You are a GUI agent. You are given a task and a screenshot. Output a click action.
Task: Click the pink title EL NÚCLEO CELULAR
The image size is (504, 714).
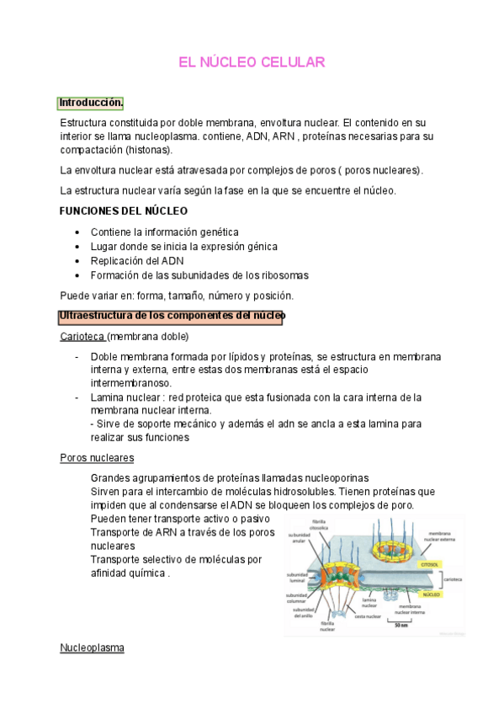252,63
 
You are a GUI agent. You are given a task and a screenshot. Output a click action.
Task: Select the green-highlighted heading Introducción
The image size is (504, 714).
91,104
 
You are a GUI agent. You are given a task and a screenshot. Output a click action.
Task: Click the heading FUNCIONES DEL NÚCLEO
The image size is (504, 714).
123,210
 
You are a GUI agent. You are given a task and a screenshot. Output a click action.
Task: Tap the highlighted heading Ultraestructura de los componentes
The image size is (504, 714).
171,317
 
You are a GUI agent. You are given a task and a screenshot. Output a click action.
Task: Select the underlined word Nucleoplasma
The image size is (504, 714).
93,648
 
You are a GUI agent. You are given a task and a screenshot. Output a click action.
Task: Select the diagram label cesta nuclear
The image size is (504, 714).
368,616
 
